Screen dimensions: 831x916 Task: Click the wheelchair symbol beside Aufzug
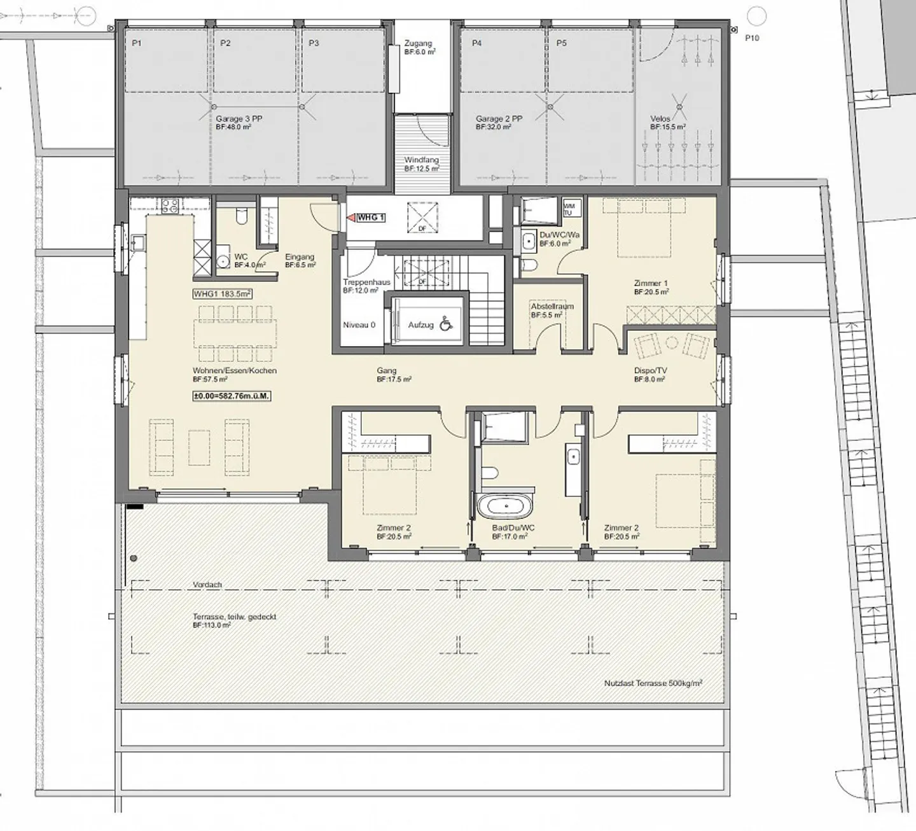447,325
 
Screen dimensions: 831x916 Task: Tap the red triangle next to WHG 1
350,218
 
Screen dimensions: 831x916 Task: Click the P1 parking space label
136,43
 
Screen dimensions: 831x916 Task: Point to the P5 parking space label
561,43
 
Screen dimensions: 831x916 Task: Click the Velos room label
660,119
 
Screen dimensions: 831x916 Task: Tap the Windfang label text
422,160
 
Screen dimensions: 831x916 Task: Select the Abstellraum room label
552,306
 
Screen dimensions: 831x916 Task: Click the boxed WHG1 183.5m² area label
223,294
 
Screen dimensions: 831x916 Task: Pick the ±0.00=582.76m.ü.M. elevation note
232,396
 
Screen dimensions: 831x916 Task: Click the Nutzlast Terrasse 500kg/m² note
653,683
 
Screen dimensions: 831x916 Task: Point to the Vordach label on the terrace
207,585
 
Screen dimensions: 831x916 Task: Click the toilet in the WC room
240,218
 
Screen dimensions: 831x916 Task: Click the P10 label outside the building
752,38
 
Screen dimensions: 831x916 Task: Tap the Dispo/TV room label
649,370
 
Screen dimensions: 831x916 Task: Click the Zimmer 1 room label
651,283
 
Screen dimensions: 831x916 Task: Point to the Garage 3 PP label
239,119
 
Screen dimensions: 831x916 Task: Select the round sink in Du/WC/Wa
529,241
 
